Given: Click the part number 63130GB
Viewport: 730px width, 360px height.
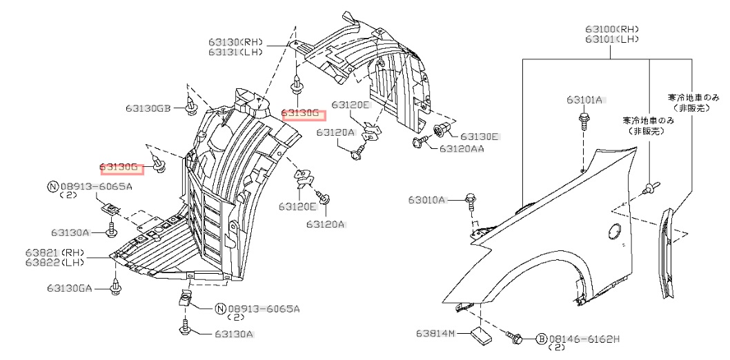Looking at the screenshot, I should pos(148,108).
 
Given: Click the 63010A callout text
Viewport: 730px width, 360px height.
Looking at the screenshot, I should pos(427,200).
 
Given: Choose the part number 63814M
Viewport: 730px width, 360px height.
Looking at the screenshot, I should pos(436,334).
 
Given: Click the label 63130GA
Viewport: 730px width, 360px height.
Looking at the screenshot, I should pos(70,288).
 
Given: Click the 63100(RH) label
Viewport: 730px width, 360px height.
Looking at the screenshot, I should pos(612,29).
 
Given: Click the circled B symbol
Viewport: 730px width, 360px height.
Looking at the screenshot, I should pos(542,339).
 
